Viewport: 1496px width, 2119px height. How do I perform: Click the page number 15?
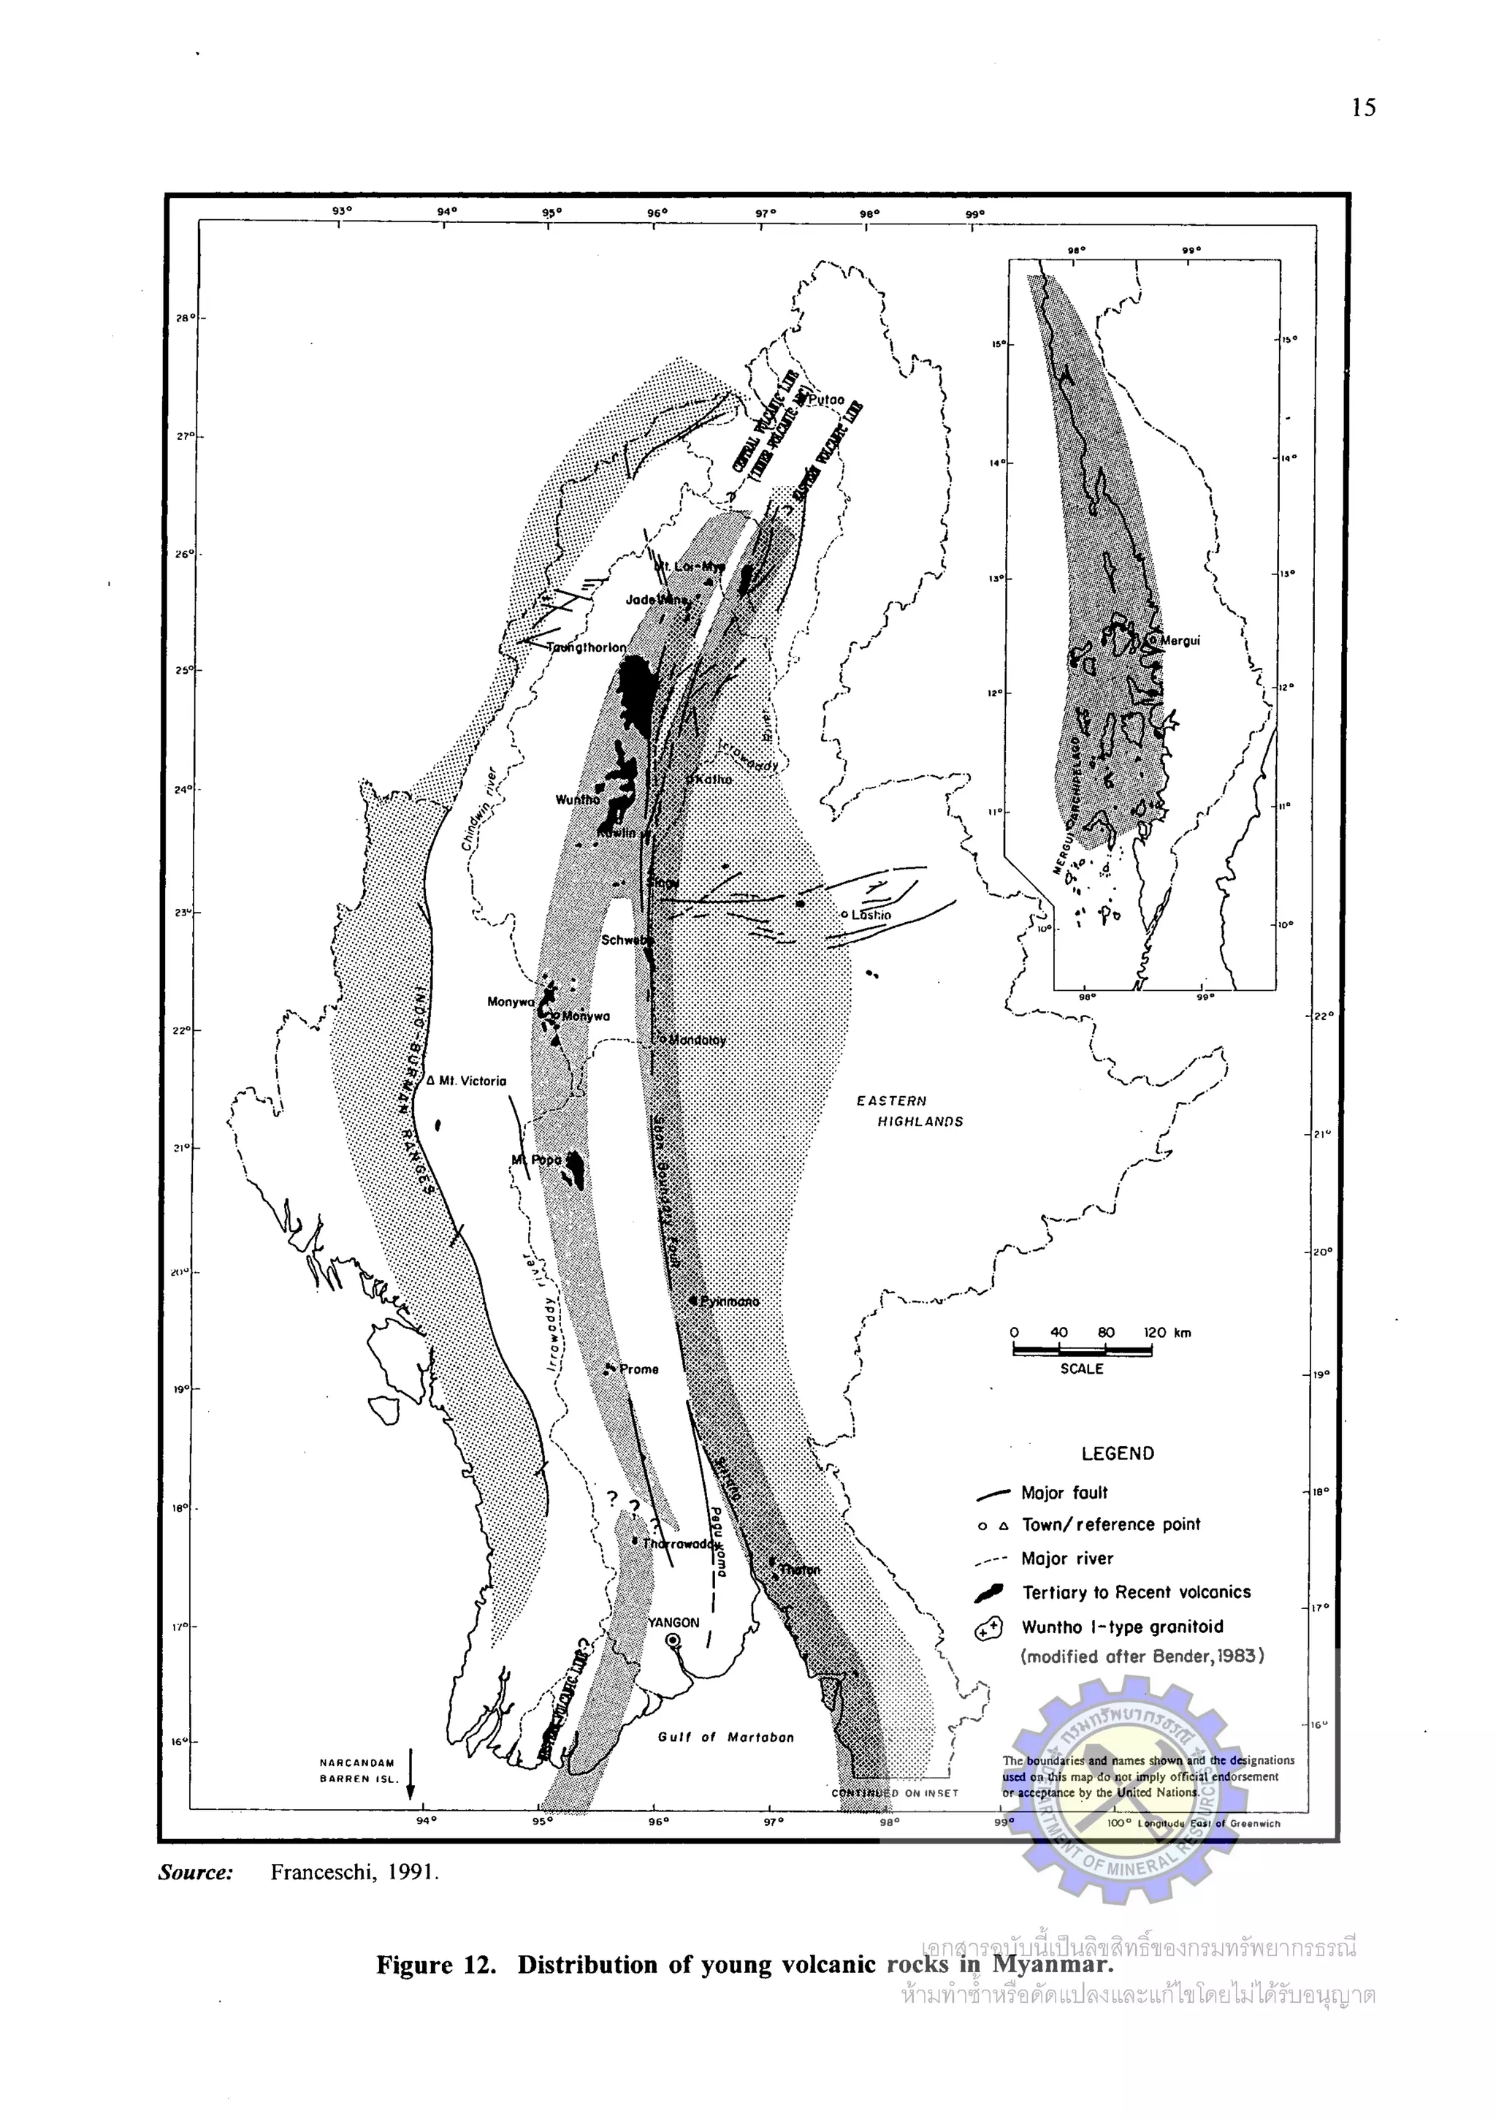[1363, 108]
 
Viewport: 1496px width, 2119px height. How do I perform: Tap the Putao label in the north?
[826, 400]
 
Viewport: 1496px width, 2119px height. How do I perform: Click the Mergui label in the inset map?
[1180, 641]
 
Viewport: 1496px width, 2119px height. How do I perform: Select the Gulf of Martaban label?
[725, 1737]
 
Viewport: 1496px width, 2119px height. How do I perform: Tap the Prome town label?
[638, 1369]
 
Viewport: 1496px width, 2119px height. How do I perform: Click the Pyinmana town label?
[729, 1301]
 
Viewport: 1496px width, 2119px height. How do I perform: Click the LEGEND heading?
[1117, 1453]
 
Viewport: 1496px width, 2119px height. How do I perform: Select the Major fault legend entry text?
[1064, 1492]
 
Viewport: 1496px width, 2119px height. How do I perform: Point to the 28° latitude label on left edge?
[183, 319]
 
